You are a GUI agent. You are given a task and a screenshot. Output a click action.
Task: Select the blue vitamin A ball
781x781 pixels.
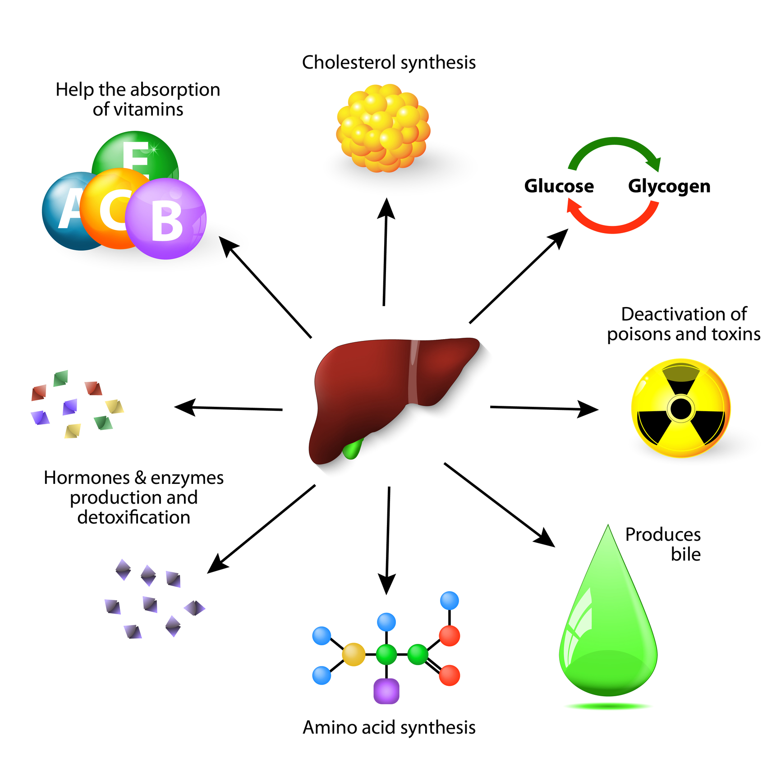coord(61,212)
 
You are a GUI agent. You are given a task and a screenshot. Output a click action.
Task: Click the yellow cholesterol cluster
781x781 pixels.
coord(383,129)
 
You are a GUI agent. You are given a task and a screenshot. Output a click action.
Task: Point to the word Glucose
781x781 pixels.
coord(559,186)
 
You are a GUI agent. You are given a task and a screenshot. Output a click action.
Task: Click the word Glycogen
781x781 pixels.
coord(669,186)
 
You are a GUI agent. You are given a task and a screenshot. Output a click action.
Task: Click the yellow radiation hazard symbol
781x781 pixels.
coord(680,409)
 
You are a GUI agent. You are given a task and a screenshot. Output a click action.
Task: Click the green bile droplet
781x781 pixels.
coord(608,640)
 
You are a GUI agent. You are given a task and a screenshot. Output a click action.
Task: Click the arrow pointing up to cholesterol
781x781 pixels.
coord(385,253)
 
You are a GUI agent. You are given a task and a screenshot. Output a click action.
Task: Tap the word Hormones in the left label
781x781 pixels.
coord(87,478)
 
